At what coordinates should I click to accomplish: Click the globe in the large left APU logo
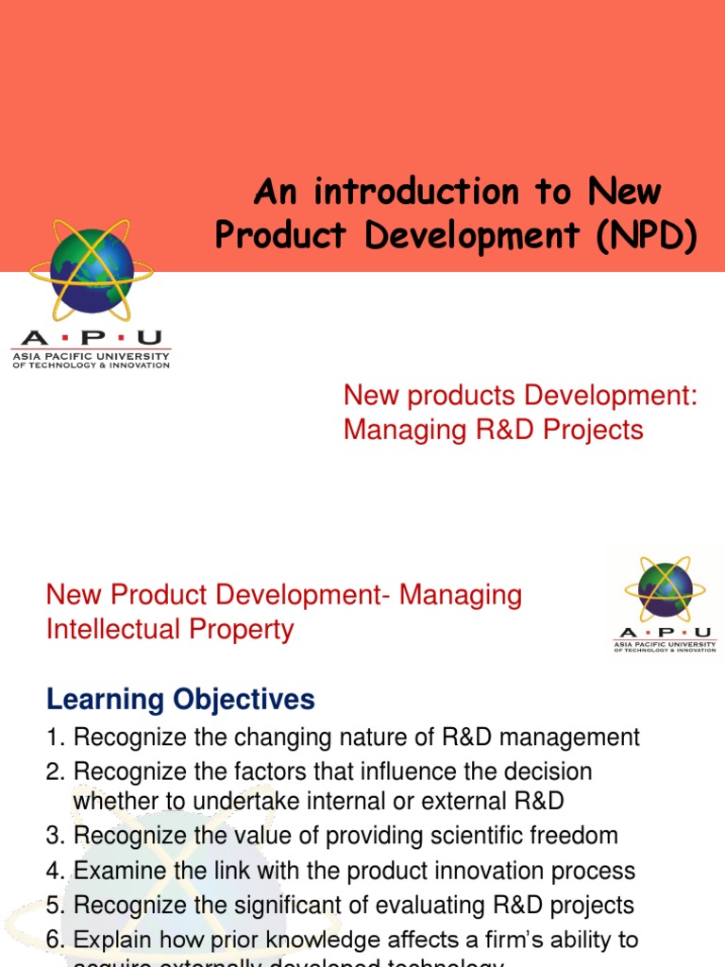(93, 269)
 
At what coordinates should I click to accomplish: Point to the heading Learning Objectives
(180, 700)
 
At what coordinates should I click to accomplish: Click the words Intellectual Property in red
(170, 629)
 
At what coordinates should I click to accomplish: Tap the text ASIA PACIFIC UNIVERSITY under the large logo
(91, 356)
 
